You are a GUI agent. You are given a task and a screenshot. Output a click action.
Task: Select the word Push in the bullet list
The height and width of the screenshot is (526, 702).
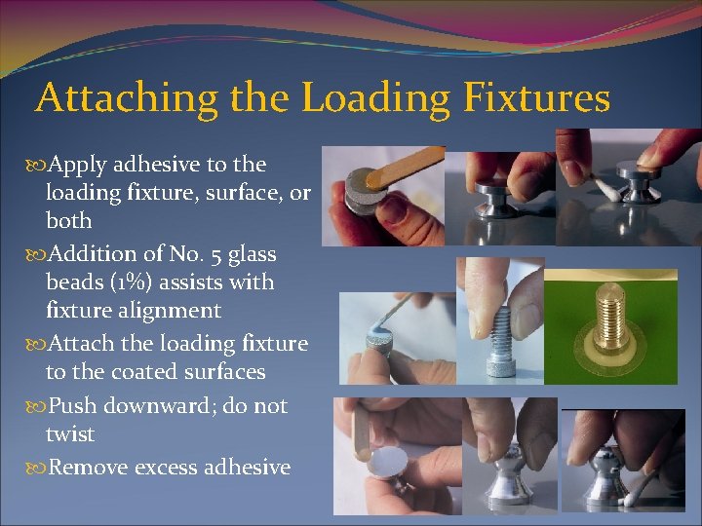point(72,405)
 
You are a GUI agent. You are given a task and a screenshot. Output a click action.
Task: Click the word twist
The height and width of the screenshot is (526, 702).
point(70,433)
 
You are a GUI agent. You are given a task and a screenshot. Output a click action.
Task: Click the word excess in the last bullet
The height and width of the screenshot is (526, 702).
point(174,468)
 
